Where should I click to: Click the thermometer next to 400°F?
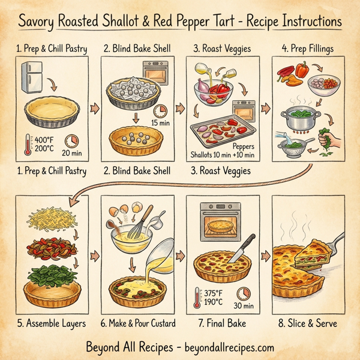pos(26,142)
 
